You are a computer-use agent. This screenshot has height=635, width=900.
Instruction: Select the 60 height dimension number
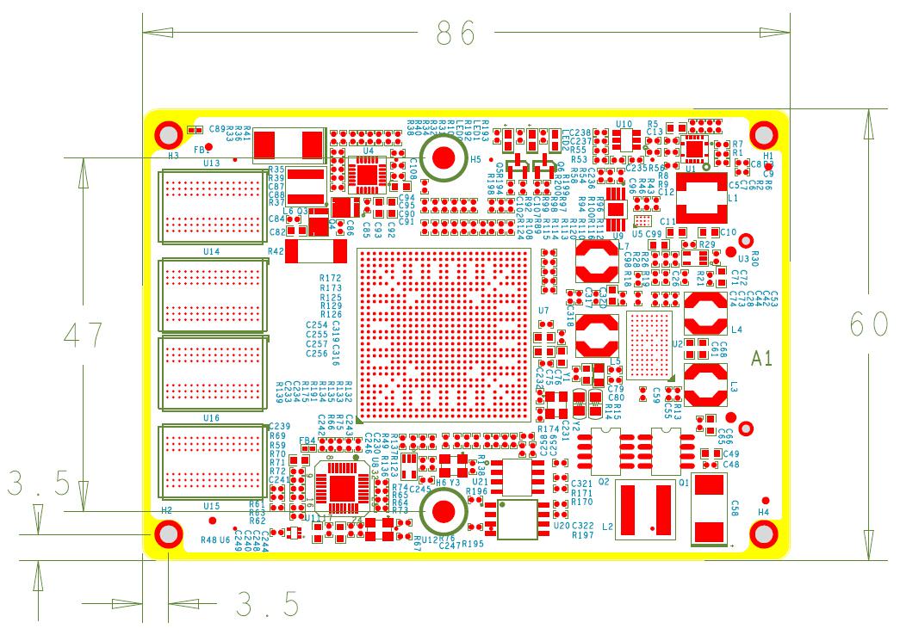(x=868, y=324)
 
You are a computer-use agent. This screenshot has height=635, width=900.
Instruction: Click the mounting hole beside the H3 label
(x=168, y=135)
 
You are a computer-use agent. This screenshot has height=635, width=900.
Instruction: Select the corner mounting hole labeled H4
(x=763, y=535)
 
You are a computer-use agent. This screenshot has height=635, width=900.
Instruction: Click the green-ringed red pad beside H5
(x=444, y=157)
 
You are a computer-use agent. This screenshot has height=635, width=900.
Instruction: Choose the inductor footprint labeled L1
(x=705, y=200)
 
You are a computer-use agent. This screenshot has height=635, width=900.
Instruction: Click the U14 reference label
(x=211, y=252)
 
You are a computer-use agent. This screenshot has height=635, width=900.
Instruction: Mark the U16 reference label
(x=211, y=417)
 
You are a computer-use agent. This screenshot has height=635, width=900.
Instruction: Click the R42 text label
(x=276, y=251)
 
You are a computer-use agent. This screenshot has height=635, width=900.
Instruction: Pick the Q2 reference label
(x=604, y=483)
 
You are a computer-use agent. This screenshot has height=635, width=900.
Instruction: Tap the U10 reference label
(x=624, y=124)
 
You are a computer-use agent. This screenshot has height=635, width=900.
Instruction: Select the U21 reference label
(x=480, y=482)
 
